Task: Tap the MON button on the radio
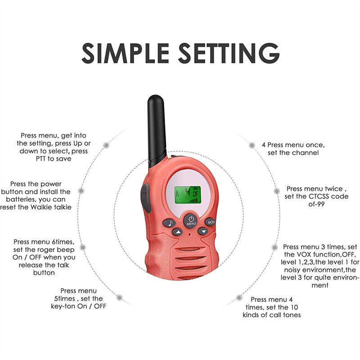coord(210,222)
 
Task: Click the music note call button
coord(168,223)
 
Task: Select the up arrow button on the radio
coord(177,232)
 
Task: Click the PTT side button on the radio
coord(145,198)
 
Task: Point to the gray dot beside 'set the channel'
coord(252,145)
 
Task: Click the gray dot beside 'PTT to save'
coord(106,145)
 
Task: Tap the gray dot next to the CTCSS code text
coord(277,191)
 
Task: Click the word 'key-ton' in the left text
coord(64,306)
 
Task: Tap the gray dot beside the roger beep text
coord(83,247)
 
